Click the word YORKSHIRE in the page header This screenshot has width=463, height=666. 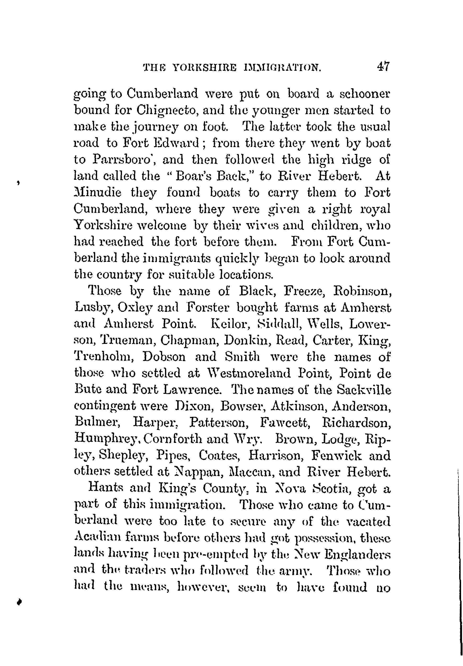(205, 68)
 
